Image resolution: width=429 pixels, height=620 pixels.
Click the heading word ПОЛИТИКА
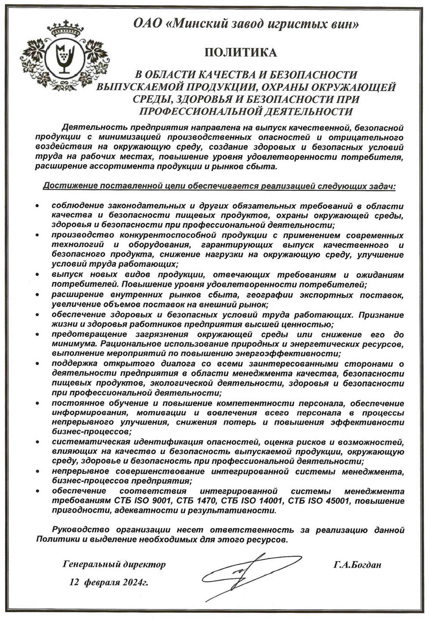241,53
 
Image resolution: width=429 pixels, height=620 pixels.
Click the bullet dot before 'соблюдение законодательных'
38,205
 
